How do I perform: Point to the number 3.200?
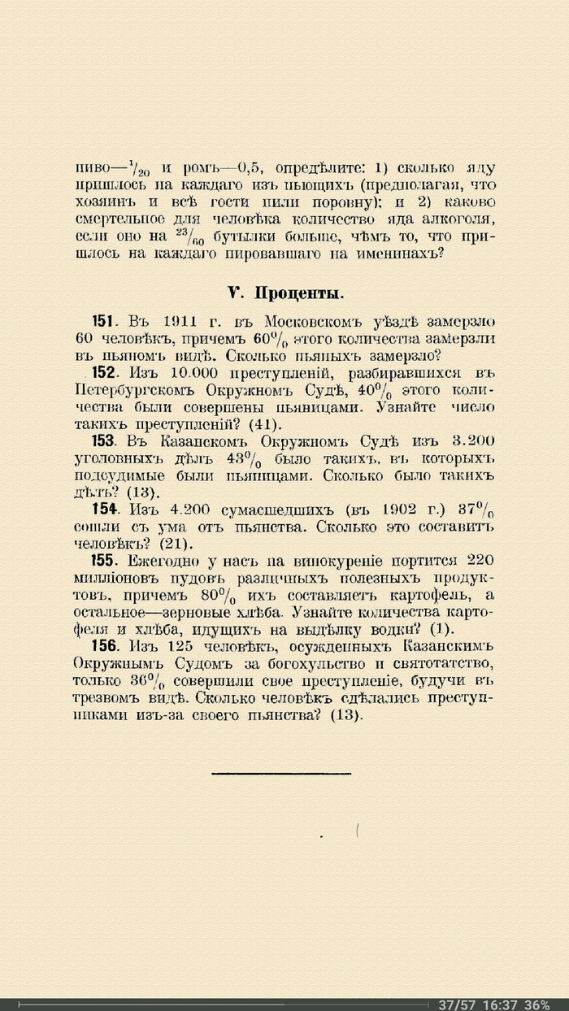point(471,441)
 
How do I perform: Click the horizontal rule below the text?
point(281,774)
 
